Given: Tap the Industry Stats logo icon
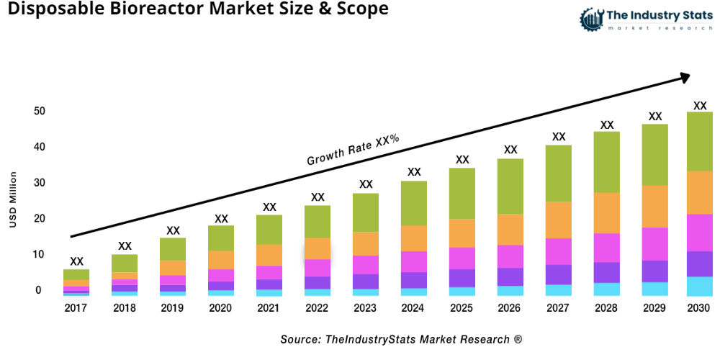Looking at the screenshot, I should coord(592,19).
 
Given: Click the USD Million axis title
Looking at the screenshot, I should coord(13,200).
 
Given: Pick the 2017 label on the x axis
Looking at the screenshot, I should coord(76,308).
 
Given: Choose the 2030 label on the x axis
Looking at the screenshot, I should coord(699,308).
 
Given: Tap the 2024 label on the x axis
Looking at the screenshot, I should coord(414,308).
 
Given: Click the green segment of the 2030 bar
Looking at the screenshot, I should coord(699,141).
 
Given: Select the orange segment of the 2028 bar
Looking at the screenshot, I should coord(606,213).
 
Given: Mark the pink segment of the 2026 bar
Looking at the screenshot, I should coord(510,256).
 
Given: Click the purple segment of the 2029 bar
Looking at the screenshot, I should coord(654,271).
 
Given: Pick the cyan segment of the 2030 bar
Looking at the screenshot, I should coord(699,286).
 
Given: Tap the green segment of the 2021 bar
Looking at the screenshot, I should coord(269,230).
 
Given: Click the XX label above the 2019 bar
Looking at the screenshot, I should coord(173,230).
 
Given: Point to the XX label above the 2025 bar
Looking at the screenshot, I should coord(462,160).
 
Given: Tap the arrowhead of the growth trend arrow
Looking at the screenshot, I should coord(684,76).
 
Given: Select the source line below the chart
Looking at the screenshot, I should coord(401,338).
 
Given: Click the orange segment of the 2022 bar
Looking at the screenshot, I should coord(318,248).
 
